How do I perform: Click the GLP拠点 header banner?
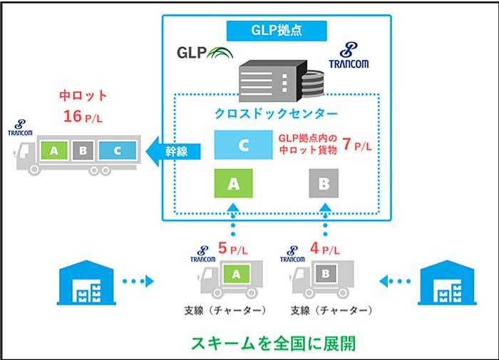click(277, 31)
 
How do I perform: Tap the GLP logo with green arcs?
click(205, 53)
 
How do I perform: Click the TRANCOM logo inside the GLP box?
click(349, 56)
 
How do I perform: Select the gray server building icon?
click(282, 81)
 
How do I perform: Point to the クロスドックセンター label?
click(276, 113)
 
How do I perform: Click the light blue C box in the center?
click(244, 145)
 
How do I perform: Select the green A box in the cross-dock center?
click(233, 183)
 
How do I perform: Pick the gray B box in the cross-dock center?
click(324, 183)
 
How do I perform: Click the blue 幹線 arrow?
click(173, 151)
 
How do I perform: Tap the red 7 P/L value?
click(357, 145)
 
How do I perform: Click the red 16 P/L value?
click(83, 116)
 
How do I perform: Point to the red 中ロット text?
click(83, 96)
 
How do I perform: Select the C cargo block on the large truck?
click(118, 150)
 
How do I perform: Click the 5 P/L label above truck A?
click(232, 249)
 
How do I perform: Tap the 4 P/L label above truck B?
click(324, 249)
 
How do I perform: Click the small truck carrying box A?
click(230, 279)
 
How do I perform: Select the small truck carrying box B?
click(322, 279)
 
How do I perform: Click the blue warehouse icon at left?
click(86, 282)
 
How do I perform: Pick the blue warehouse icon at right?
click(447, 282)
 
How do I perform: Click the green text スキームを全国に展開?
click(273, 344)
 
